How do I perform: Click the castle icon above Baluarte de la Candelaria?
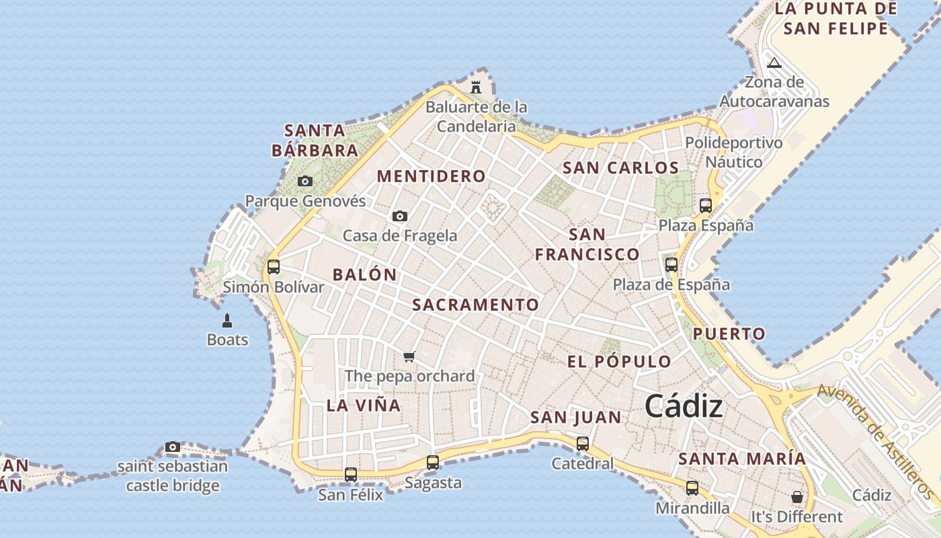pyautogui.click(x=476, y=87)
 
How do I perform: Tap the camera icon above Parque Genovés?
pyautogui.click(x=305, y=181)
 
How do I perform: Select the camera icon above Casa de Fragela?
pyautogui.click(x=400, y=216)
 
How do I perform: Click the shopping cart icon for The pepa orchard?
pyautogui.click(x=409, y=356)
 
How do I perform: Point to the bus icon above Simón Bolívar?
pyautogui.click(x=274, y=266)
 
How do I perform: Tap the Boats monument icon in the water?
pyautogui.click(x=227, y=320)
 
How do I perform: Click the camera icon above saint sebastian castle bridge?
pyautogui.click(x=173, y=447)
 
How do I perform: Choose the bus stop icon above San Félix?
pyautogui.click(x=351, y=474)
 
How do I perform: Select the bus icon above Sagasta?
pyautogui.click(x=433, y=463)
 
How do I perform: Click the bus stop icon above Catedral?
pyautogui.click(x=583, y=444)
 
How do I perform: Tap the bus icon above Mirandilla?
pyautogui.click(x=692, y=488)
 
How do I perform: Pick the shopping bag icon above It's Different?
pyautogui.click(x=796, y=497)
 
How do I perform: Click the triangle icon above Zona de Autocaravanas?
pyautogui.click(x=774, y=63)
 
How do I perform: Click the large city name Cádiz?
pyautogui.click(x=684, y=406)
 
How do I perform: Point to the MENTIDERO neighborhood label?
pyautogui.click(x=431, y=176)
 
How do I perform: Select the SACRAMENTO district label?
pyautogui.click(x=475, y=305)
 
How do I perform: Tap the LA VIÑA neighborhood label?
pyautogui.click(x=364, y=405)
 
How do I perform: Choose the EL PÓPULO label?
pyautogui.click(x=619, y=361)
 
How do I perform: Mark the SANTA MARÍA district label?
pyautogui.click(x=742, y=459)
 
